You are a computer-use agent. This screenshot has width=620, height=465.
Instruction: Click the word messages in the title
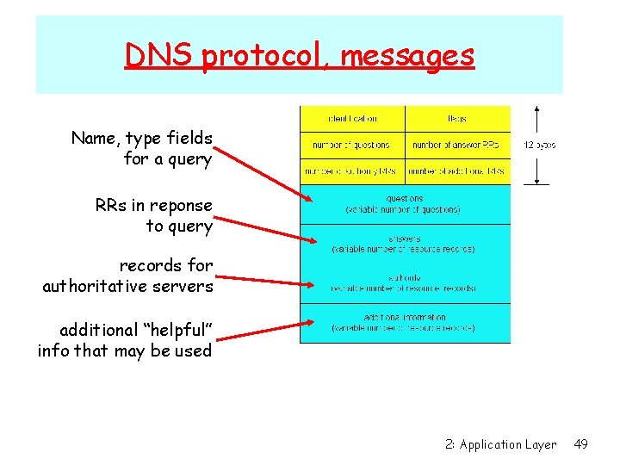click(x=407, y=55)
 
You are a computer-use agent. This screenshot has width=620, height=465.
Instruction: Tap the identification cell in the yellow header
click(x=352, y=118)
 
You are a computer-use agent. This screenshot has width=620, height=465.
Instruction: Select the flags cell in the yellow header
click(x=457, y=118)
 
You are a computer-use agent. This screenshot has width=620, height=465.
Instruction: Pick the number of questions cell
click(x=352, y=145)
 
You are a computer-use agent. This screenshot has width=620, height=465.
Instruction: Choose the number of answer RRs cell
click(x=457, y=145)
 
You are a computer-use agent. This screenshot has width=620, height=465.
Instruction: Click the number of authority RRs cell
click(x=352, y=171)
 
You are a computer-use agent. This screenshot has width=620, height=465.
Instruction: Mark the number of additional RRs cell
click(x=457, y=171)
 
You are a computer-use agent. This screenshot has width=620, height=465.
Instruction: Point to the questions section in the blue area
click(x=405, y=203)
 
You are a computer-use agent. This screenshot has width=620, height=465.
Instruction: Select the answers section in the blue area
click(x=405, y=244)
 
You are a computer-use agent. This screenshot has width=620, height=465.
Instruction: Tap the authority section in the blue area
click(x=405, y=283)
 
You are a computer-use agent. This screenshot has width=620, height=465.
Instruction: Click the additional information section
click(x=405, y=323)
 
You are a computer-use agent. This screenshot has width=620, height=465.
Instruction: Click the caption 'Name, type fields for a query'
click(x=142, y=148)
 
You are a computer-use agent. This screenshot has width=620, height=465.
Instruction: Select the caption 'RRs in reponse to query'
click(x=154, y=215)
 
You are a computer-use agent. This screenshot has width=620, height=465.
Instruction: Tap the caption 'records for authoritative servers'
click(x=127, y=276)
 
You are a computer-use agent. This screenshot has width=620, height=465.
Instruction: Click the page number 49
click(x=581, y=444)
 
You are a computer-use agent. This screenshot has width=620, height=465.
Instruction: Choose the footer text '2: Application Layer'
click(x=501, y=444)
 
